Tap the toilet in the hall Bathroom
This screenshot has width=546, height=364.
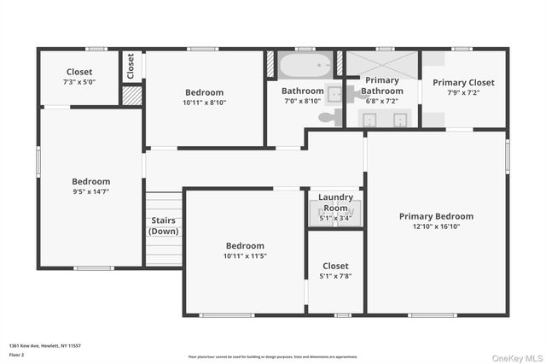[x=328, y=117]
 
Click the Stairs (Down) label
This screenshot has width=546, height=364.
[x=164, y=226]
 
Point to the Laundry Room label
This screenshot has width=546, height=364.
[x=335, y=203]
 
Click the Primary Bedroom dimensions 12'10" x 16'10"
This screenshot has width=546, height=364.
[x=436, y=227]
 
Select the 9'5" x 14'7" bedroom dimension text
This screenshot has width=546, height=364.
[x=90, y=191]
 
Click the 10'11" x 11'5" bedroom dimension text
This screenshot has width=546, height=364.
[x=245, y=255]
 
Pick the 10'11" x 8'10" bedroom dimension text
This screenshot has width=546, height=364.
[x=204, y=103]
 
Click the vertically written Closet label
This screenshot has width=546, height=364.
[x=131, y=66]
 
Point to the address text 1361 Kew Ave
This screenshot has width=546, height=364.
[x=44, y=345]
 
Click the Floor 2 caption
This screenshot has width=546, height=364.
[x=17, y=355]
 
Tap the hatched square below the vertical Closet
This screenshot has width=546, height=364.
[x=131, y=95]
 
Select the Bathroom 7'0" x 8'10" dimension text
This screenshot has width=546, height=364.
[x=303, y=101]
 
